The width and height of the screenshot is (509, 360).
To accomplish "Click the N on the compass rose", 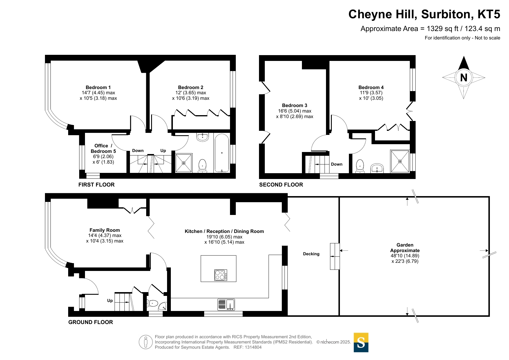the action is (463, 77).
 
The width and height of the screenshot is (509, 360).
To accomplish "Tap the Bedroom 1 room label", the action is (98, 87).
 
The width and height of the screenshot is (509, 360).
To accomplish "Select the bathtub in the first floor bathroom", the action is (222, 153).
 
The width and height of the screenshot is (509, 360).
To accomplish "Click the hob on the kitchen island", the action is (221, 275).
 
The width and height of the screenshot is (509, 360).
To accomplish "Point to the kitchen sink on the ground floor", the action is (226, 305).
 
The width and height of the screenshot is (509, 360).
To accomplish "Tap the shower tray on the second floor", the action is (400, 161).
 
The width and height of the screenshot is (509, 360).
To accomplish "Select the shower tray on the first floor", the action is (184, 163).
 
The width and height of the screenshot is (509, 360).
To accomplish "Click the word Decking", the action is (311, 254).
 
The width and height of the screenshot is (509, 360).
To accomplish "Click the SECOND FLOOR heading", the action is (281, 184).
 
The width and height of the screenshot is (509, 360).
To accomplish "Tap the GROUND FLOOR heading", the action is (90, 322).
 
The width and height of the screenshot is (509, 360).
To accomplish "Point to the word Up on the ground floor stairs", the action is (110, 301).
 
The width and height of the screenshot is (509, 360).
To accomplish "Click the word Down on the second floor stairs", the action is (337, 164).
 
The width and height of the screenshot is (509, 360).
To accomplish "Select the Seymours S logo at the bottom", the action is (361, 342).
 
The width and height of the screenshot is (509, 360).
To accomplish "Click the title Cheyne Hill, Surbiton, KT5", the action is (424, 14).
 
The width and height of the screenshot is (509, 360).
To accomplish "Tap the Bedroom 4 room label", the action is (371, 87).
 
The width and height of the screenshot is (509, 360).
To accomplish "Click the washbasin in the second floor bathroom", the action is (377, 168).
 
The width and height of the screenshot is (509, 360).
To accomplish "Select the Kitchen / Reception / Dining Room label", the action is (224, 231).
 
